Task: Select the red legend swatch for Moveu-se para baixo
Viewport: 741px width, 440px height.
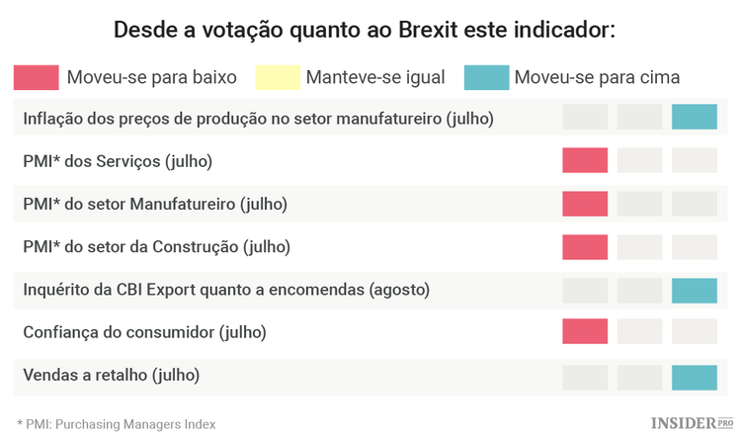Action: [36, 76]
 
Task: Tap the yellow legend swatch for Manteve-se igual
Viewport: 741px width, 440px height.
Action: [277, 76]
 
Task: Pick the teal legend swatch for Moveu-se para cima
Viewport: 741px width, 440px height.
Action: [487, 76]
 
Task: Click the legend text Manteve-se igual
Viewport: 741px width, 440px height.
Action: [375, 77]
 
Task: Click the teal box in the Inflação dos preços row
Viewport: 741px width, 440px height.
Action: [694, 118]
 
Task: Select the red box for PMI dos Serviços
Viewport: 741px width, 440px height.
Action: [585, 160]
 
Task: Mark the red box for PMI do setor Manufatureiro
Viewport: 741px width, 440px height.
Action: [585, 204]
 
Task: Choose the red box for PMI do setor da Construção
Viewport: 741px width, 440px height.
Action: [585, 247]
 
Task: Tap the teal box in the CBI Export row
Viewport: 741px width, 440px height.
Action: [694, 290]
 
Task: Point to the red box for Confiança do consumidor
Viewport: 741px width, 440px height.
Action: [585, 332]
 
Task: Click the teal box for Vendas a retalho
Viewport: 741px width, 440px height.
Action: [694, 377]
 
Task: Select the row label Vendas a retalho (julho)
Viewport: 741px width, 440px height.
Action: [111, 376]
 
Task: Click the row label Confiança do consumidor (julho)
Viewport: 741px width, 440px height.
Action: [144, 333]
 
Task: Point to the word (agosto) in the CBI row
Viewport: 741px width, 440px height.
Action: [400, 291]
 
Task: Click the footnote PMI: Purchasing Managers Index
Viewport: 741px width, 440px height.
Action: [117, 423]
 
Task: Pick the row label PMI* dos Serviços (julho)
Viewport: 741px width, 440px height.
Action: [118, 161]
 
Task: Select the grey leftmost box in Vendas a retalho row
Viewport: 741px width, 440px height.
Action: [585, 377]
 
